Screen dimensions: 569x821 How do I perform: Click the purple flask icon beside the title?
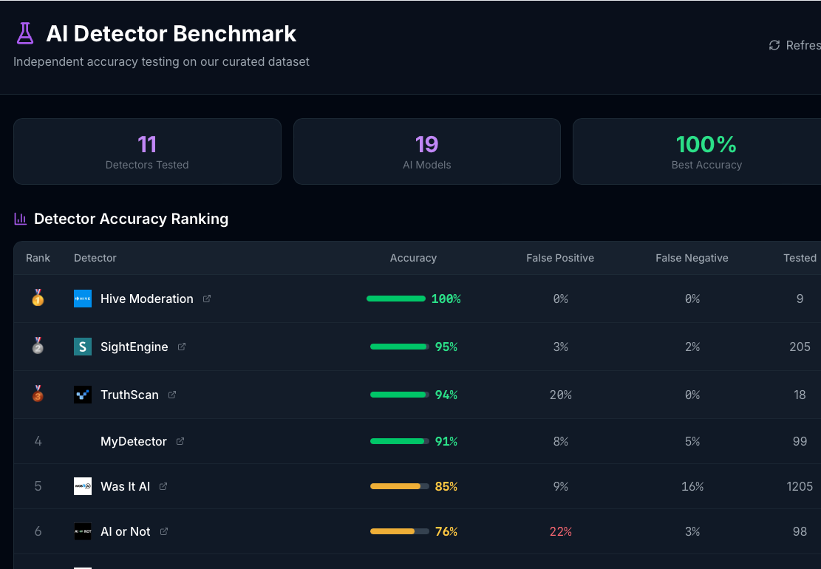pos(25,33)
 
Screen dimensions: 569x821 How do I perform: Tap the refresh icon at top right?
pos(774,45)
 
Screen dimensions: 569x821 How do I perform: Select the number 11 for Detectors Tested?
pos(147,143)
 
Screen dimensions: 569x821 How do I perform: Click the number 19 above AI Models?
pos(426,143)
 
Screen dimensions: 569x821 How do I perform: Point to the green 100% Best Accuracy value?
pos(706,143)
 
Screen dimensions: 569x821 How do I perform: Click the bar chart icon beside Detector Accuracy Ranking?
pos(21,219)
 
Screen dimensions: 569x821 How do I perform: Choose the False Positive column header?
pos(559,258)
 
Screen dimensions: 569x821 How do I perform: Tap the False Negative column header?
pos(692,258)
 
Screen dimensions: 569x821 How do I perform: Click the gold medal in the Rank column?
pos(38,298)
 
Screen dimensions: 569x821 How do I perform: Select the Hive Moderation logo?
pos(83,299)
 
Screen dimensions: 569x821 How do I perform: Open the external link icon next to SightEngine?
pos(182,347)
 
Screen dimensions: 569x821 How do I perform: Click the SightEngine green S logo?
pos(83,347)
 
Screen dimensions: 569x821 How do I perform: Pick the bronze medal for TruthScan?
pos(38,394)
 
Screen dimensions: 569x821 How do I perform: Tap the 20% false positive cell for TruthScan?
pos(560,395)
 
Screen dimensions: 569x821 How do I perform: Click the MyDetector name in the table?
pos(134,441)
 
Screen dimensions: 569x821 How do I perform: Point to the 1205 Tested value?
pos(800,486)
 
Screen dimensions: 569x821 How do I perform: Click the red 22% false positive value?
pos(560,531)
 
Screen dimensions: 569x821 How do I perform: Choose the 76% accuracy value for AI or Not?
pos(446,531)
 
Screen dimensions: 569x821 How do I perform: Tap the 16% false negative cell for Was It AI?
pos(692,486)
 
